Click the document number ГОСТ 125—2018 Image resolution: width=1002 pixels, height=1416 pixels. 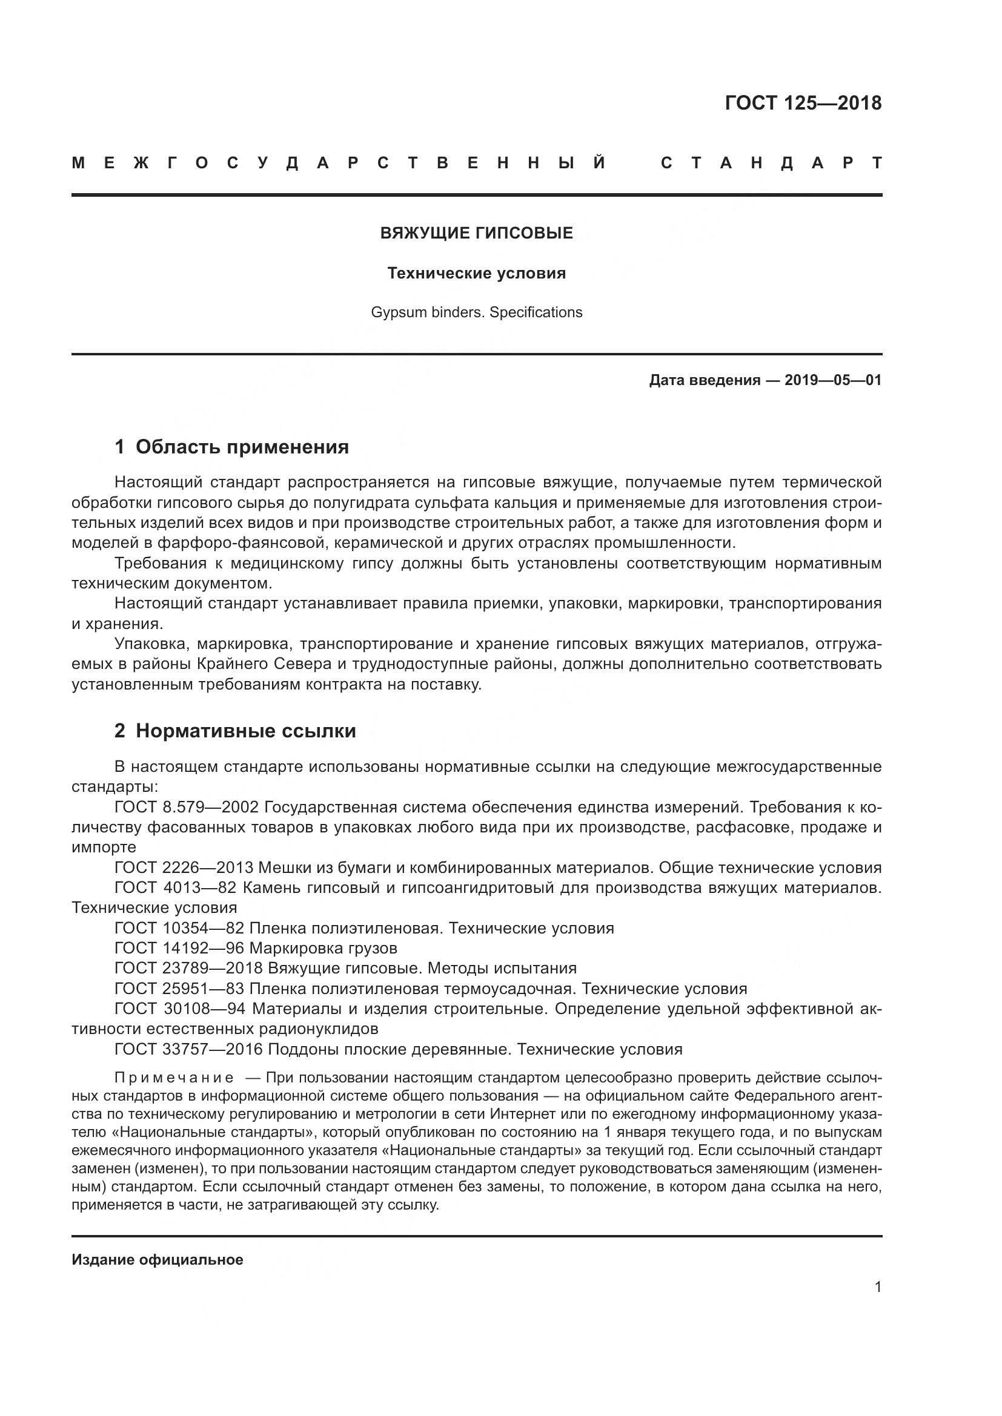pos(803,103)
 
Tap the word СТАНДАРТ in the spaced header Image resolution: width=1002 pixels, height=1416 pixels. pos(771,163)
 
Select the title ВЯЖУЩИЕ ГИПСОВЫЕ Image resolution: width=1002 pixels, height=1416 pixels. pos(476,233)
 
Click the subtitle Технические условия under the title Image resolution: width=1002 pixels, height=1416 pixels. pos(476,273)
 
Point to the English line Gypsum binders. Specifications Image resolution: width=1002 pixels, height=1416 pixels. pos(476,312)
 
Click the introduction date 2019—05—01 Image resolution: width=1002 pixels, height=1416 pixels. pos(833,381)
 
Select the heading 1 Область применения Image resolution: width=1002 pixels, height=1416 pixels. pos(232,447)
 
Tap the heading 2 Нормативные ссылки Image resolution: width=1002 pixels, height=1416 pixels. pos(235,731)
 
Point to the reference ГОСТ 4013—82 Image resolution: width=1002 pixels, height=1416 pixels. pos(179,889)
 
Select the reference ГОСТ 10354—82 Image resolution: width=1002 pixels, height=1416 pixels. pos(179,929)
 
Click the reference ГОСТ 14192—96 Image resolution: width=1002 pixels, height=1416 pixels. pos(179,949)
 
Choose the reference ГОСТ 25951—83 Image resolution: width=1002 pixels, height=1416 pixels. pos(179,989)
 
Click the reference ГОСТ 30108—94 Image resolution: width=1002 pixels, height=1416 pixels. pos(179,1010)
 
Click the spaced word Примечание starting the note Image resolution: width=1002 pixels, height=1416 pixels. pos(174,1078)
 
